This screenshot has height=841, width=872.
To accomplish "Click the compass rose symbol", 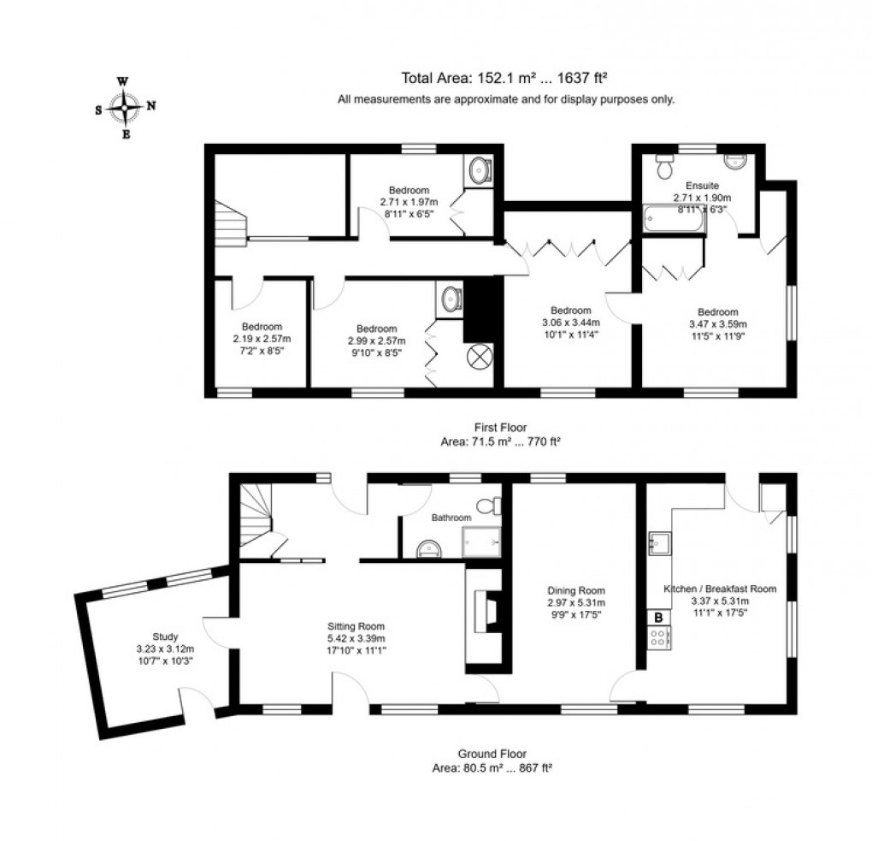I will [x=126, y=108].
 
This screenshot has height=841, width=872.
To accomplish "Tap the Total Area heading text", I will [x=506, y=78].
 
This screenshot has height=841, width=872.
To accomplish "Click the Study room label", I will [x=165, y=637].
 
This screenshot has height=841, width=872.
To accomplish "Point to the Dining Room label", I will [x=576, y=590].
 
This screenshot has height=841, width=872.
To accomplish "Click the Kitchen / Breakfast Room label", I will [x=720, y=589].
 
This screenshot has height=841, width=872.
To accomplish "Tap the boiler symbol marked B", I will [x=659, y=616].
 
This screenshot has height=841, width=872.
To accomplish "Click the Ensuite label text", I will [x=702, y=185].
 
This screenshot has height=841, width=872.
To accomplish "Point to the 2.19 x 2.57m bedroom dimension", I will [x=262, y=339].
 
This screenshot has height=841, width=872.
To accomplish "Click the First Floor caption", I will [x=502, y=427].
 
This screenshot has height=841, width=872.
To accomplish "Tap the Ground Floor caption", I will [x=492, y=755].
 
